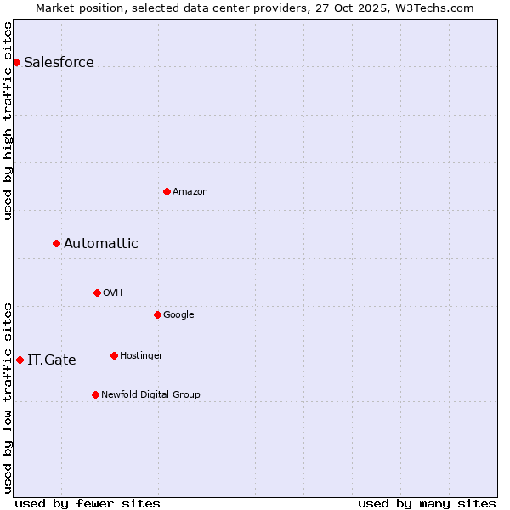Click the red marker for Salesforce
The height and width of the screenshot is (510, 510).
point(16,62)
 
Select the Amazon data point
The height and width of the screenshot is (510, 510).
point(167,191)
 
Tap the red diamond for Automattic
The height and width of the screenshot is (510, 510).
point(56,243)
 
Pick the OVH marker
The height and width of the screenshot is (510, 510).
point(97,292)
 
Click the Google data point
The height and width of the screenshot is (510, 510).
point(157,314)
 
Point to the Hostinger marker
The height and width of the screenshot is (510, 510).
point(114,355)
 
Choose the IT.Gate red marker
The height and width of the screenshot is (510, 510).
point(20,360)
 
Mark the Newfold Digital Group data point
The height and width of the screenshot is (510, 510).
point(95,394)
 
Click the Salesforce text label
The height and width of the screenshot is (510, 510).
point(59,63)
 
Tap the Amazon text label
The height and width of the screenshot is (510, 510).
point(190,192)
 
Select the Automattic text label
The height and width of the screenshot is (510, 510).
point(101,244)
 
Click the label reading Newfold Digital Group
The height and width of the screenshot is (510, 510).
point(150,394)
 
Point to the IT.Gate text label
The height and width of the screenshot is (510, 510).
point(52,360)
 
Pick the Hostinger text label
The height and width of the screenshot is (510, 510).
point(141,355)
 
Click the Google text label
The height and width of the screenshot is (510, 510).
point(178,314)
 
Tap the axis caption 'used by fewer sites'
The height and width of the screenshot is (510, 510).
point(88,503)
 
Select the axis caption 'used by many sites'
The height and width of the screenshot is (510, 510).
point(427,503)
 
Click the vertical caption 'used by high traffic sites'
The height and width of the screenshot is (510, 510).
point(8,120)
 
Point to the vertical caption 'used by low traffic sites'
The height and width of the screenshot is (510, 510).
point(8,397)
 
